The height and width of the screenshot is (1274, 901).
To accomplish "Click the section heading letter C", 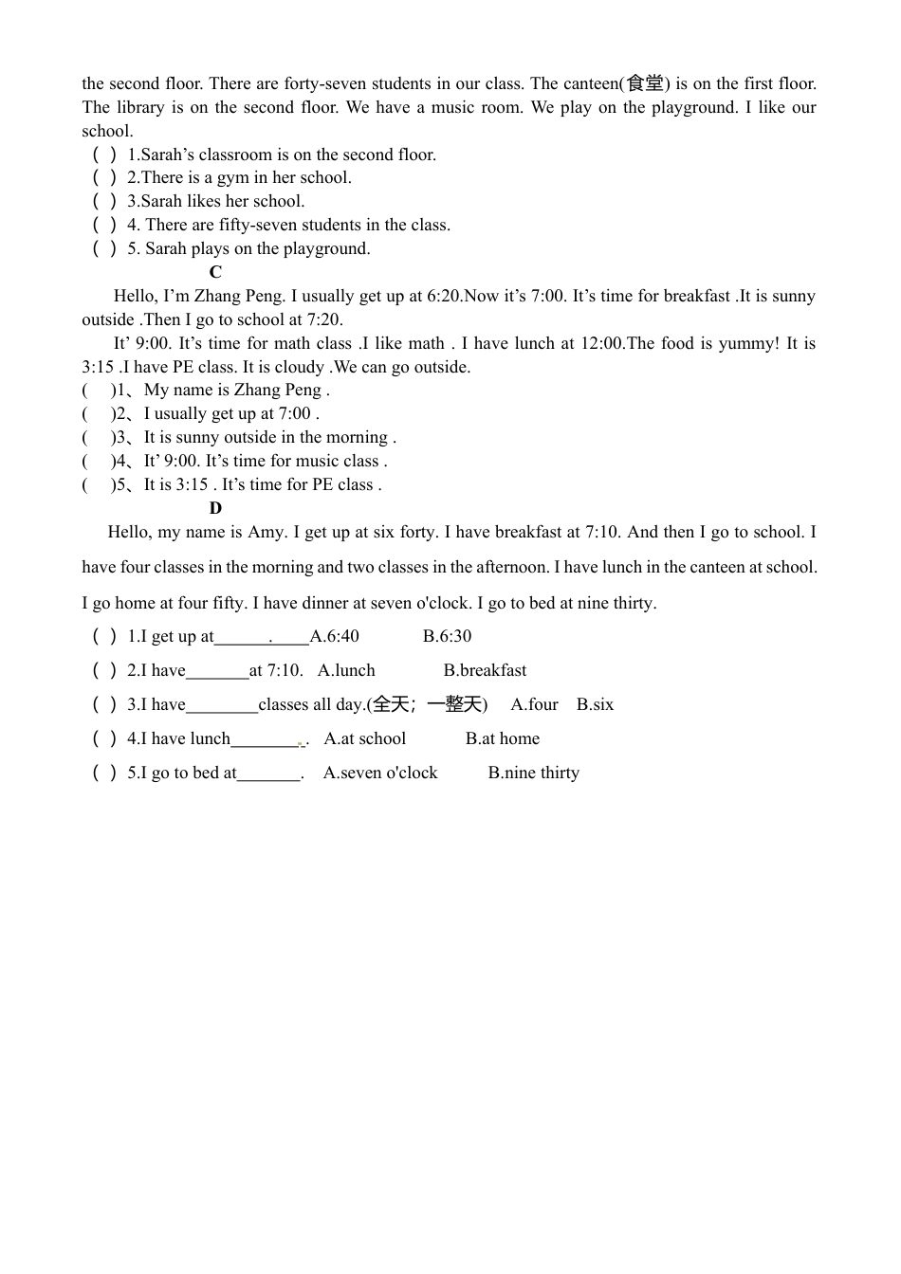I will (215, 272).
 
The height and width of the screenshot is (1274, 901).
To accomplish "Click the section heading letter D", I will (215, 508).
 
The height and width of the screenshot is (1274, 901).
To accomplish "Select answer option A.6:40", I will (335, 636).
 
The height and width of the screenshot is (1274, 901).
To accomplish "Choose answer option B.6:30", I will (447, 636).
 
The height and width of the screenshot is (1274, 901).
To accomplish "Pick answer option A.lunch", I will (346, 670).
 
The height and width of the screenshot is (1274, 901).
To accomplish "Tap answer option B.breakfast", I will (485, 670).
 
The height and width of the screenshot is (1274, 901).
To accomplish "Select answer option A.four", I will (534, 704).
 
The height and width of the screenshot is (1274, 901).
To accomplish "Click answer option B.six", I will (595, 704).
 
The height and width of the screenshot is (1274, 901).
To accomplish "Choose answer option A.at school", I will (364, 738).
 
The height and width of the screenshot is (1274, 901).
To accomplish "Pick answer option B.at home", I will (502, 738).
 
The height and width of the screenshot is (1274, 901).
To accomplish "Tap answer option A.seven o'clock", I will (380, 773).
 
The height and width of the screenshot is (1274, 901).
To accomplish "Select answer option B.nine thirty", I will (533, 773).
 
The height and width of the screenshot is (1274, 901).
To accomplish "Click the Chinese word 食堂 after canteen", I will (645, 83).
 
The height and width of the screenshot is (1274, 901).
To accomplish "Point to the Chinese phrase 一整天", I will (454, 704).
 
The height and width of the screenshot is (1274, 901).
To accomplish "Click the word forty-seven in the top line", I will (324, 83).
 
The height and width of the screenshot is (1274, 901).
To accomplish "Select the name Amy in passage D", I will (266, 532).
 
